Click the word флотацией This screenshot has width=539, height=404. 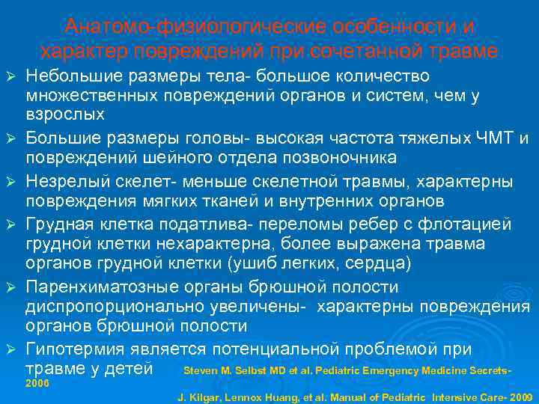463,224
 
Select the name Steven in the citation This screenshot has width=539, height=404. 201,371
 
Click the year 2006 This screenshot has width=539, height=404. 37,382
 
